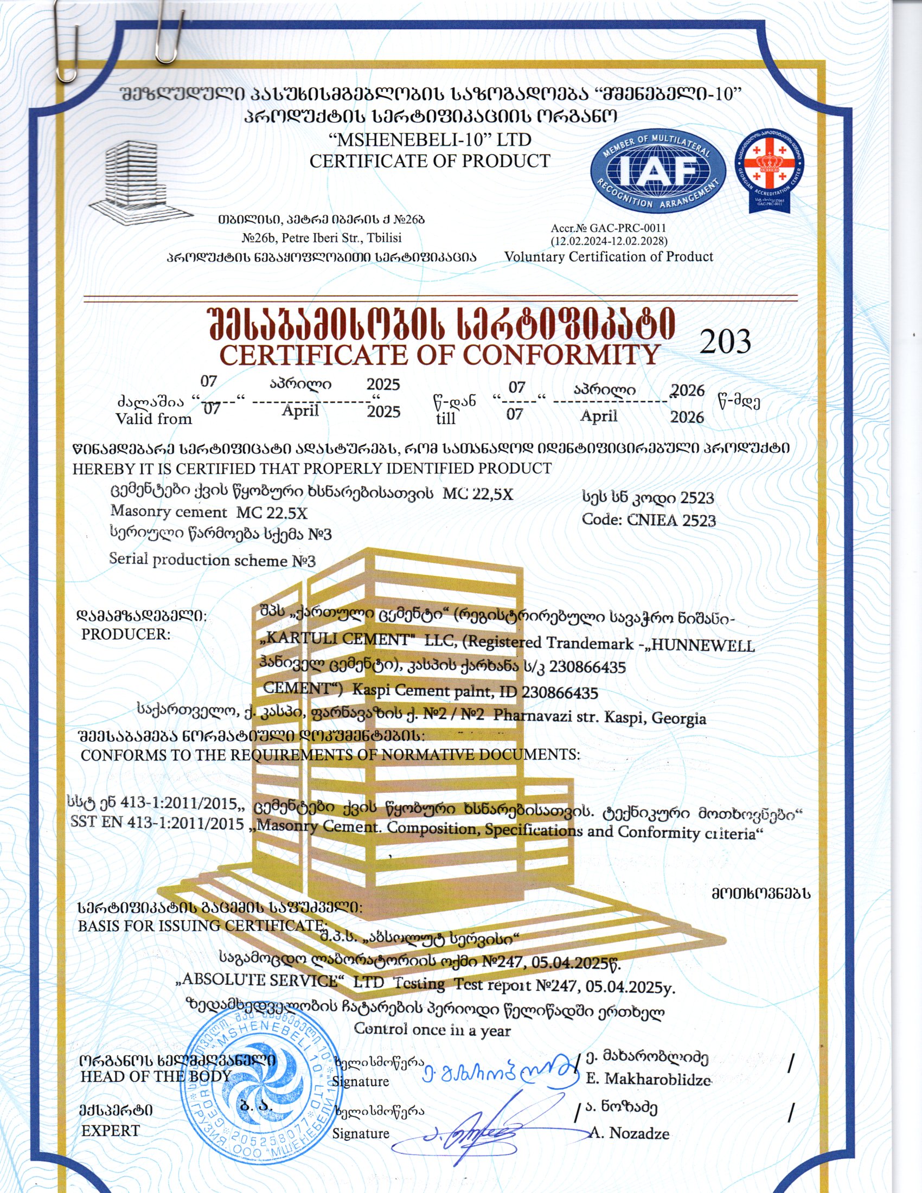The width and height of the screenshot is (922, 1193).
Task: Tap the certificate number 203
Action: tap(725, 342)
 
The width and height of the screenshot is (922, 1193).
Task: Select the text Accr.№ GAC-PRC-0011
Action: tap(608, 228)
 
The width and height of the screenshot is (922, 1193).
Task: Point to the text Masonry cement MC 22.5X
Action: tap(209, 512)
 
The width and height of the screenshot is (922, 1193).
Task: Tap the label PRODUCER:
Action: tap(126, 634)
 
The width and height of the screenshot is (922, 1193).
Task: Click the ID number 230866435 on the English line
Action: tap(559, 692)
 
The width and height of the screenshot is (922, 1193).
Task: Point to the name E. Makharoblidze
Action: tap(648, 1079)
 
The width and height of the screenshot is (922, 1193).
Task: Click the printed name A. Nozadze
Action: tap(629, 1133)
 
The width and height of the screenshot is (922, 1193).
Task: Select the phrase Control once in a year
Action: tap(432, 1030)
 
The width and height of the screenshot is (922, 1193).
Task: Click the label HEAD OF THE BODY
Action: tap(156, 1076)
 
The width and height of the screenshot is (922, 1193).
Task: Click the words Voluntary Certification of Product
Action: tap(609, 256)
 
